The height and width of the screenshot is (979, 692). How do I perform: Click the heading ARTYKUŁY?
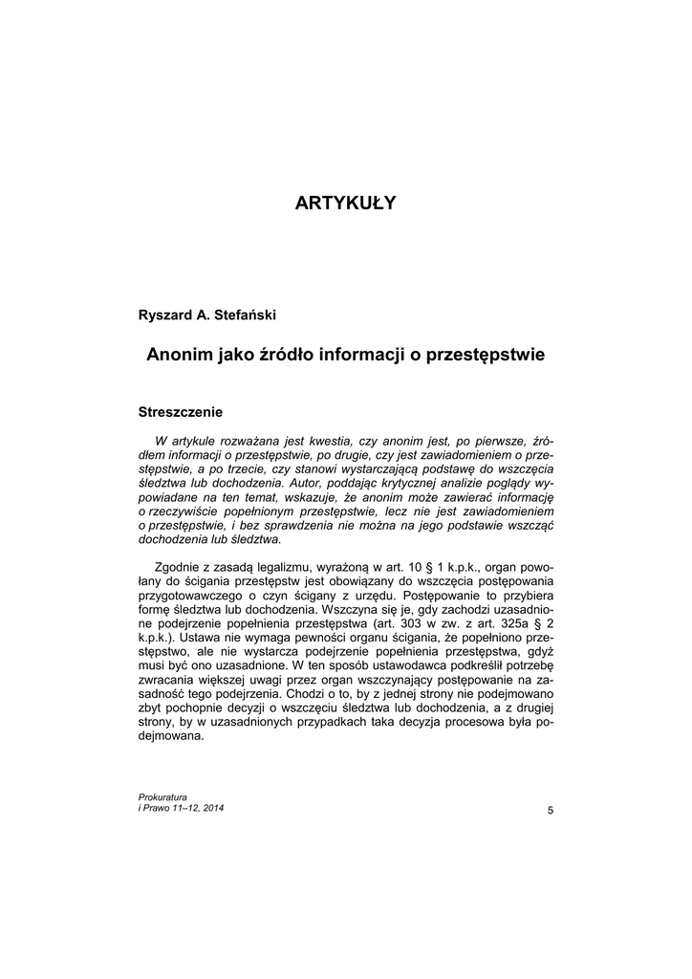[x=345, y=203]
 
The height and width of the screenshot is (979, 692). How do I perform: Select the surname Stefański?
[x=247, y=314]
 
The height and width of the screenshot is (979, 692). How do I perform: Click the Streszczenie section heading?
[x=181, y=412]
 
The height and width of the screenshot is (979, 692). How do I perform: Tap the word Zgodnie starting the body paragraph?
[x=177, y=568]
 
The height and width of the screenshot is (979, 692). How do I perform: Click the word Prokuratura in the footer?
[x=163, y=796]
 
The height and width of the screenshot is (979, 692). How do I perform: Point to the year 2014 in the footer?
[x=214, y=808]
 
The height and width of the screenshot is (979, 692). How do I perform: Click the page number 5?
[x=550, y=811]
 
